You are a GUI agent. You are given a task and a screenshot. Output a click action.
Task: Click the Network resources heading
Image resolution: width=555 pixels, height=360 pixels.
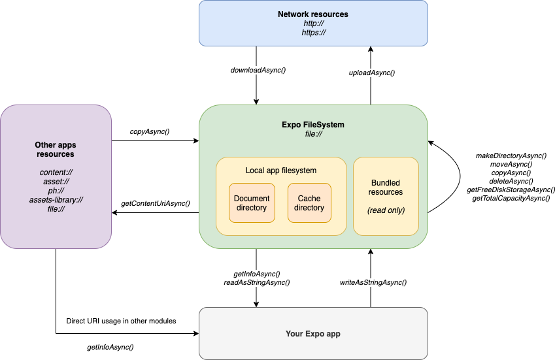click(312, 14)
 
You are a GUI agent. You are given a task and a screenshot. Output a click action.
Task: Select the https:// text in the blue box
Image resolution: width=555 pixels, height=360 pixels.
click(312, 32)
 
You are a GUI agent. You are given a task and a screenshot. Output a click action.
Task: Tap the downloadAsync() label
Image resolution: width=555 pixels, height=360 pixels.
click(258, 70)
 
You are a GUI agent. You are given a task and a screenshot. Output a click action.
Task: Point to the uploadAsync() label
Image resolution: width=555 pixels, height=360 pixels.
click(372, 73)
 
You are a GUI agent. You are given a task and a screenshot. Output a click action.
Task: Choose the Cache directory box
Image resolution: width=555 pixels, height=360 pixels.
click(309, 203)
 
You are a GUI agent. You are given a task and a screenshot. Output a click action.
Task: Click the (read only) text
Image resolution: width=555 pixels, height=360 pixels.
click(386, 210)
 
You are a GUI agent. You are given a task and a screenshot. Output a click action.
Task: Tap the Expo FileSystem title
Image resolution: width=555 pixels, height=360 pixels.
click(313, 124)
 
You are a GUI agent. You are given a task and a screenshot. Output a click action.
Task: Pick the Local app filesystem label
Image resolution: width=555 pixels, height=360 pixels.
click(281, 171)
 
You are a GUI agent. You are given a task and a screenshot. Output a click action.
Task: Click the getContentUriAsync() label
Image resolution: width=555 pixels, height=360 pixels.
click(156, 204)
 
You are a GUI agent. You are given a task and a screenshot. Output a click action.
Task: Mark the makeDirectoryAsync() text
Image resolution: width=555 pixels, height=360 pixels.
click(511, 155)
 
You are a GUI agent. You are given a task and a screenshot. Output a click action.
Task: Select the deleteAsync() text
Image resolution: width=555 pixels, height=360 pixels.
click(511, 181)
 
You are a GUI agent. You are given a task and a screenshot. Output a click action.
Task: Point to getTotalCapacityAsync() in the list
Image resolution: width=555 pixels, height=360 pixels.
click(511, 197)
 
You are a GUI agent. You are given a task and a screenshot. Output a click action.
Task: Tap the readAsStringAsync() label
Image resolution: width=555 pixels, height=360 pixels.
click(257, 282)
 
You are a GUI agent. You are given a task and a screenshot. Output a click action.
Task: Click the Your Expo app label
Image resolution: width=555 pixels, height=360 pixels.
click(312, 334)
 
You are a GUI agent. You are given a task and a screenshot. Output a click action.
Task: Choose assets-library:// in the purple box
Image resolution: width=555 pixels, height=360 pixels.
click(55, 200)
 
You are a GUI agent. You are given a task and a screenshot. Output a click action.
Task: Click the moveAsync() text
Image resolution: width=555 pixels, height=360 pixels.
click(511, 164)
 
